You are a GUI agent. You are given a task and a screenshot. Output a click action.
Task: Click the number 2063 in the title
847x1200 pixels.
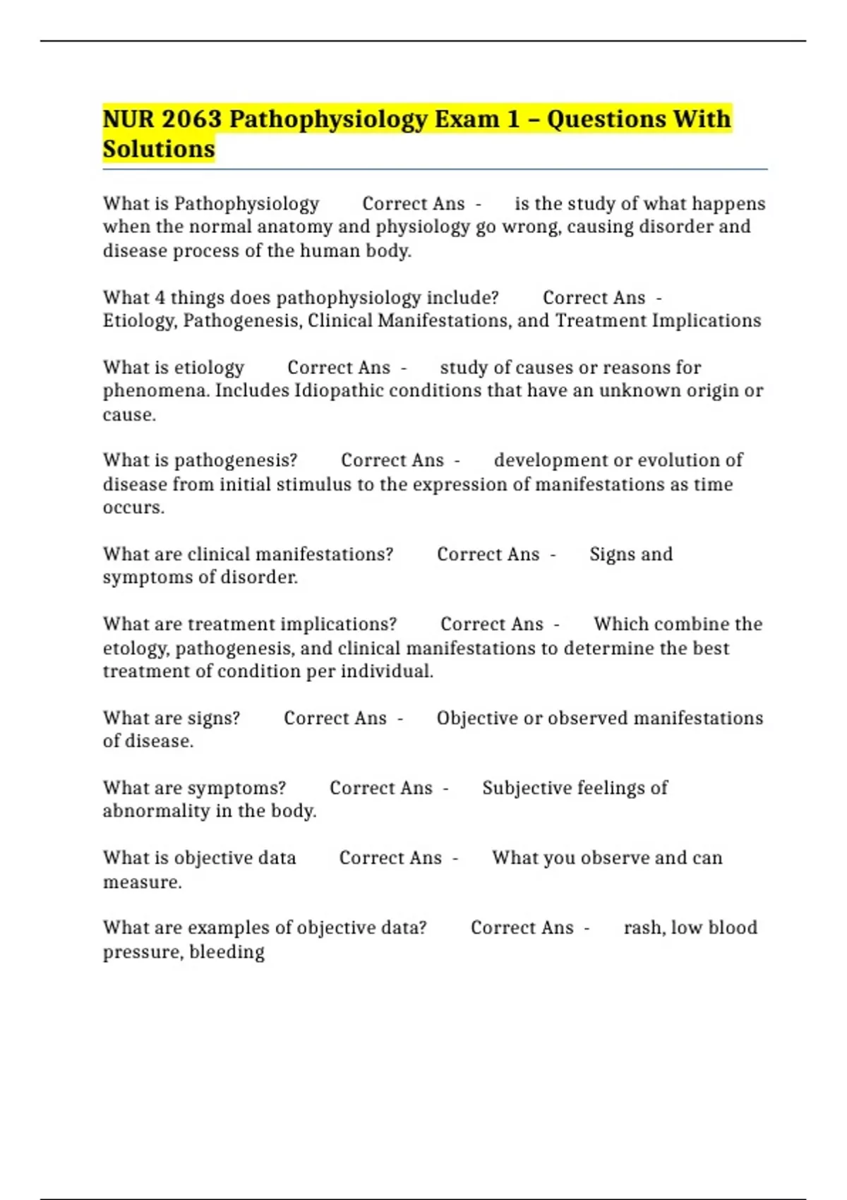(x=191, y=119)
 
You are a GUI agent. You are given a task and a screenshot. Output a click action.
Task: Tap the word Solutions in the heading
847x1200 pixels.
(x=159, y=149)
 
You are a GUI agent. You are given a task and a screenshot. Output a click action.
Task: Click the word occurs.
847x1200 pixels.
(x=133, y=508)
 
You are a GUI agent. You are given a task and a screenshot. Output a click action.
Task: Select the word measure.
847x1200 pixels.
(x=142, y=882)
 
